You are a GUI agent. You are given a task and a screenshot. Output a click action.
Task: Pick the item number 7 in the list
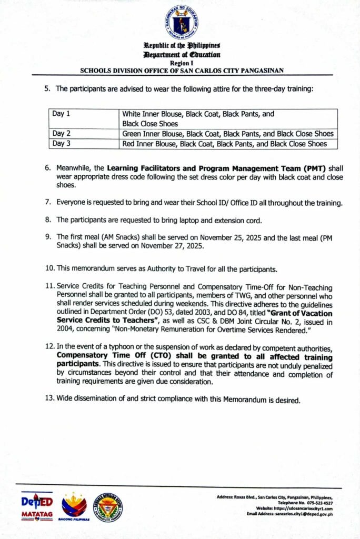pyautogui.click(x=47, y=202)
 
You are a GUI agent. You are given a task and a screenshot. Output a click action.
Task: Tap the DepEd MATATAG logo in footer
pyautogui.click(x=37, y=507)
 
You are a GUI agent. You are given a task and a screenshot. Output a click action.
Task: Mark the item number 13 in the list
pyautogui.click(x=49, y=400)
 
